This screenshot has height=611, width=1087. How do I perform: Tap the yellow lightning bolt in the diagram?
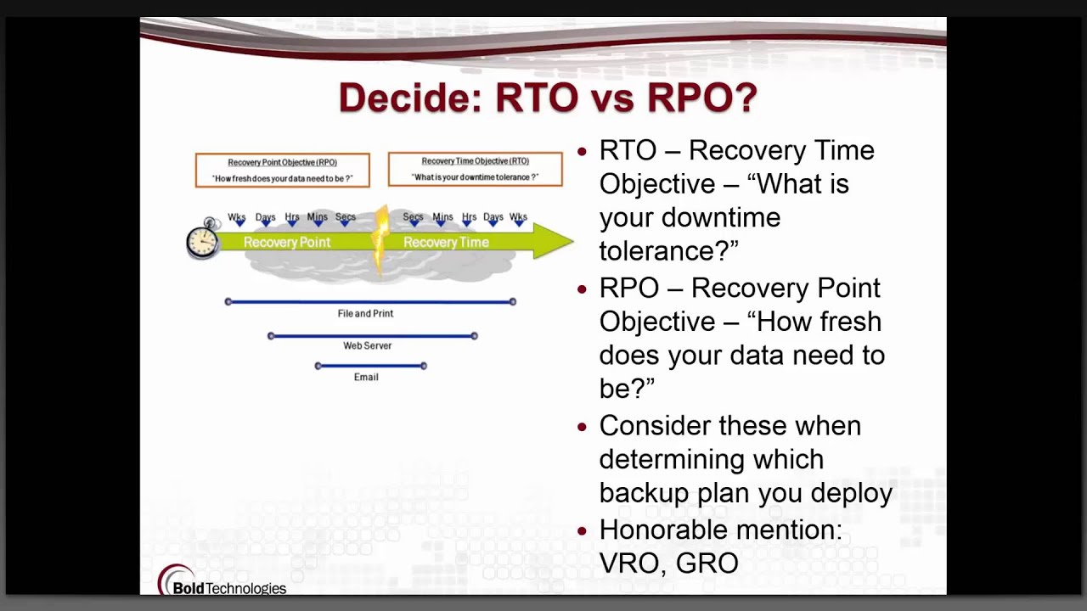[x=381, y=240]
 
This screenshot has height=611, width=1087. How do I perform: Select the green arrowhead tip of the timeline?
[x=573, y=240]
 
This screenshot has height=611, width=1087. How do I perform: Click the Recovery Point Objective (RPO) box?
[x=283, y=171]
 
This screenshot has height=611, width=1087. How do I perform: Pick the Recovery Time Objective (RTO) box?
[x=475, y=169]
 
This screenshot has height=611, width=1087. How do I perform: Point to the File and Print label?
[x=365, y=314]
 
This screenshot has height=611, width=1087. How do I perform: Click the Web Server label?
[x=368, y=345]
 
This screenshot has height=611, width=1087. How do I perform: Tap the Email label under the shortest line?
[x=366, y=378]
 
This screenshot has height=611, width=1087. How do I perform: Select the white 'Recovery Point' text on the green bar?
[x=287, y=242]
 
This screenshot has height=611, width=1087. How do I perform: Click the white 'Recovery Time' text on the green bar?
[x=446, y=242]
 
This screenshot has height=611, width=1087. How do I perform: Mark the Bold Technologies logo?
[x=222, y=580]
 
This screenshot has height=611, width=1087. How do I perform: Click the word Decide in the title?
[x=410, y=98]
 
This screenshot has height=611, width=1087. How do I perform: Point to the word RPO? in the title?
[x=702, y=98]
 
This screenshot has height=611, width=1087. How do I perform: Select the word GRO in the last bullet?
[x=707, y=563]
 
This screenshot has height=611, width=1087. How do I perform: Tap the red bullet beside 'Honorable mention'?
[x=583, y=531]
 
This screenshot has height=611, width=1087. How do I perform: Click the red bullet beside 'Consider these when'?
[x=583, y=427]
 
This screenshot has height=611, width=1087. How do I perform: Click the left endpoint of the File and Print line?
[x=228, y=301]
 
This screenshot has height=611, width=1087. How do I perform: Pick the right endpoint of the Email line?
[x=424, y=366]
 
